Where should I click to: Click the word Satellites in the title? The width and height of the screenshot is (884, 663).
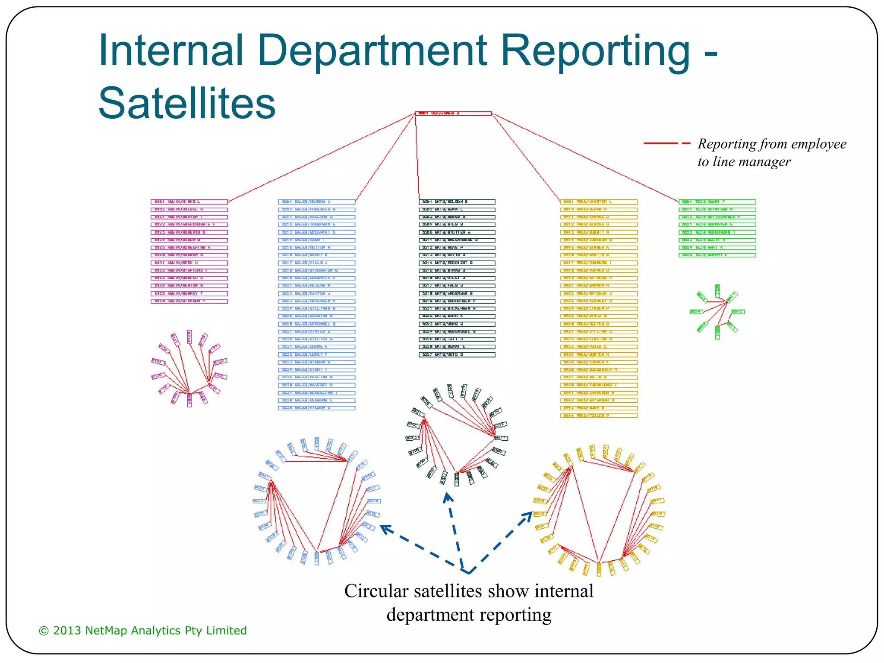click(x=186, y=104)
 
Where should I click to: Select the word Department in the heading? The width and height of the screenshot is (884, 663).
click(x=372, y=51)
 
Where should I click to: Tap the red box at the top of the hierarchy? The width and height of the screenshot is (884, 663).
click(x=453, y=114)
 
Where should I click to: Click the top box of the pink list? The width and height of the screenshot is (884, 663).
click(x=189, y=202)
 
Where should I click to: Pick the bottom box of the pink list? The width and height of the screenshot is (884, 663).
click(x=189, y=301)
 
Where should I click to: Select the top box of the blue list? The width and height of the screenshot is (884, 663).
click(x=316, y=202)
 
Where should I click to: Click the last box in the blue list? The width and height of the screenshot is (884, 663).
click(x=316, y=408)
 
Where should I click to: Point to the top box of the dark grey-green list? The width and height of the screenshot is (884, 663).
click(x=457, y=202)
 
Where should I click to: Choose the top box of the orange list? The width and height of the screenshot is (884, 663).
click(x=599, y=202)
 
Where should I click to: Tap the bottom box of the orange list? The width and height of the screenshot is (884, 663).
click(x=599, y=416)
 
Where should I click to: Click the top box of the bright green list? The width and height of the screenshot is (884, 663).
click(x=717, y=202)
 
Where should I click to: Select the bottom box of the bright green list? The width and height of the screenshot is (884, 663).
click(x=717, y=255)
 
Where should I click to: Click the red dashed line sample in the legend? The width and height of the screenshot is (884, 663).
click(x=666, y=143)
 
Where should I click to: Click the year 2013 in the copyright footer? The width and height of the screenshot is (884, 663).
click(x=67, y=631)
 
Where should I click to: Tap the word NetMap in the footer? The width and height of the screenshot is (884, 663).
click(x=107, y=631)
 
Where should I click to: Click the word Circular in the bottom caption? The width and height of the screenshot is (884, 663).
click(x=376, y=591)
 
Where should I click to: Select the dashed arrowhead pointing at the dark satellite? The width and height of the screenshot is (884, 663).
click(x=448, y=498)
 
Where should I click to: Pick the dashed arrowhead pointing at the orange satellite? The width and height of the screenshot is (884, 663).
click(x=527, y=516)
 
